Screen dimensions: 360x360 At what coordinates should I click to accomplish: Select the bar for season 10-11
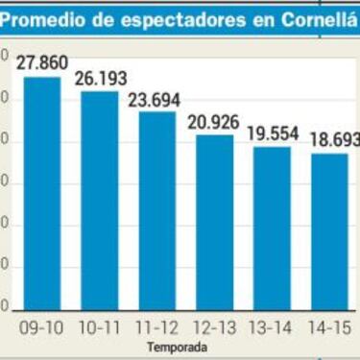[x=99, y=202]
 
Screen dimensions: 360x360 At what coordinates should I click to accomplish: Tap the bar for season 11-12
[x=157, y=212]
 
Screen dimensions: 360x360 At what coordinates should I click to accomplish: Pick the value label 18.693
[x=333, y=140]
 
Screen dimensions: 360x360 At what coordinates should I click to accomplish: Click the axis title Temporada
[x=178, y=346]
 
